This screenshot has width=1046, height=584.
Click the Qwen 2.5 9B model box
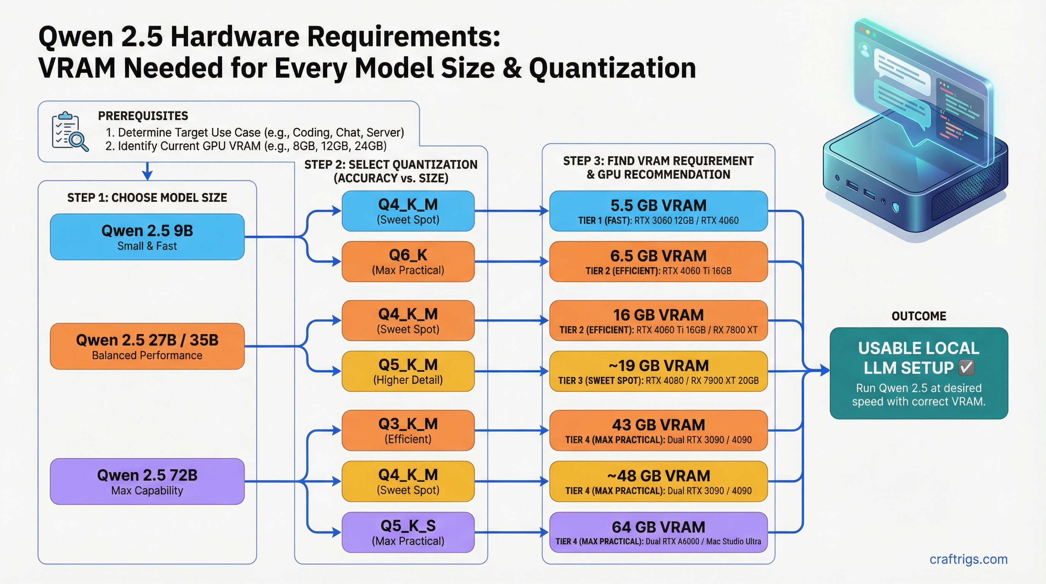tap(147, 237)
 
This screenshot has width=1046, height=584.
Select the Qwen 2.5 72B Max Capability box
tap(147, 482)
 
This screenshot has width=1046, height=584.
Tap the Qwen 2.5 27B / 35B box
tap(147, 346)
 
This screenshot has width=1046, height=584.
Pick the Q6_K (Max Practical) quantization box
tap(408, 262)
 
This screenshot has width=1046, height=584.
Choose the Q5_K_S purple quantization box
tap(408, 532)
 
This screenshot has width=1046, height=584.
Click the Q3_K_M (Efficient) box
tap(408, 430)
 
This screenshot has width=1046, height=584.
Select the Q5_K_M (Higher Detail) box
tap(408, 371)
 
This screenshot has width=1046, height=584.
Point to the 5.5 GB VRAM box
tap(658, 211)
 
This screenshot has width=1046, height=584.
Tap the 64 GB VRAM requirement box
tap(658, 532)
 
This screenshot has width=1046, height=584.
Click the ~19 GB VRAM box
tap(658, 371)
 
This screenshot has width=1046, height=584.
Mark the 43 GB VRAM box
tap(658, 430)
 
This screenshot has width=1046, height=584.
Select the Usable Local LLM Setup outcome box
tap(919, 373)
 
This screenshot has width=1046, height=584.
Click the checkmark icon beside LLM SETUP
tap(966, 368)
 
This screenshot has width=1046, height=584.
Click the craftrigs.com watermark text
tap(968, 559)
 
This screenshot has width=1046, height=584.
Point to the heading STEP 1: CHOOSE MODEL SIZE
tap(147, 198)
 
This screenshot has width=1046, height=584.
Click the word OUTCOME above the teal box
tap(919, 316)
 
